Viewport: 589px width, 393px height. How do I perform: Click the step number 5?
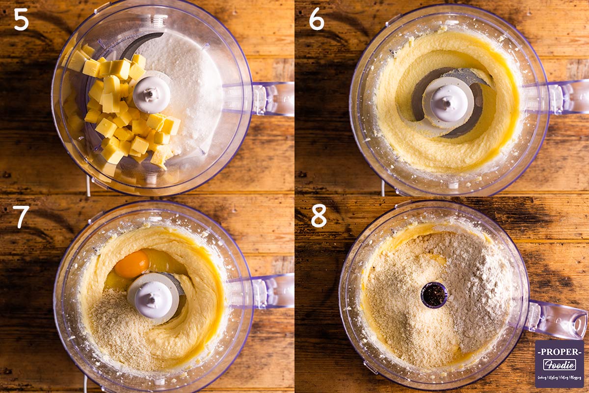click(x=21, y=19)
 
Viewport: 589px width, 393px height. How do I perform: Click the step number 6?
click(x=317, y=19)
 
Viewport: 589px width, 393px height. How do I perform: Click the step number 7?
click(x=21, y=217)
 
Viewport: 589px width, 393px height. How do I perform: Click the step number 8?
click(x=319, y=216)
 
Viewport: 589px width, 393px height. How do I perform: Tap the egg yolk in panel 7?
click(x=132, y=264)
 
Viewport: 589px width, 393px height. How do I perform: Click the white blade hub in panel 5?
click(x=152, y=94)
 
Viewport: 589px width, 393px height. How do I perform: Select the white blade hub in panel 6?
click(x=448, y=102)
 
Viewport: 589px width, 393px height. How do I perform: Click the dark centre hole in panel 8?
click(x=434, y=295)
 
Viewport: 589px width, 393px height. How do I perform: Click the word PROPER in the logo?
click(x=559, y=352)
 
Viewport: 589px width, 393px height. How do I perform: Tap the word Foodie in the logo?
click(x=559, y=365)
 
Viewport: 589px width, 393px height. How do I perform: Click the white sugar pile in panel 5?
click(x=191, y=84)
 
